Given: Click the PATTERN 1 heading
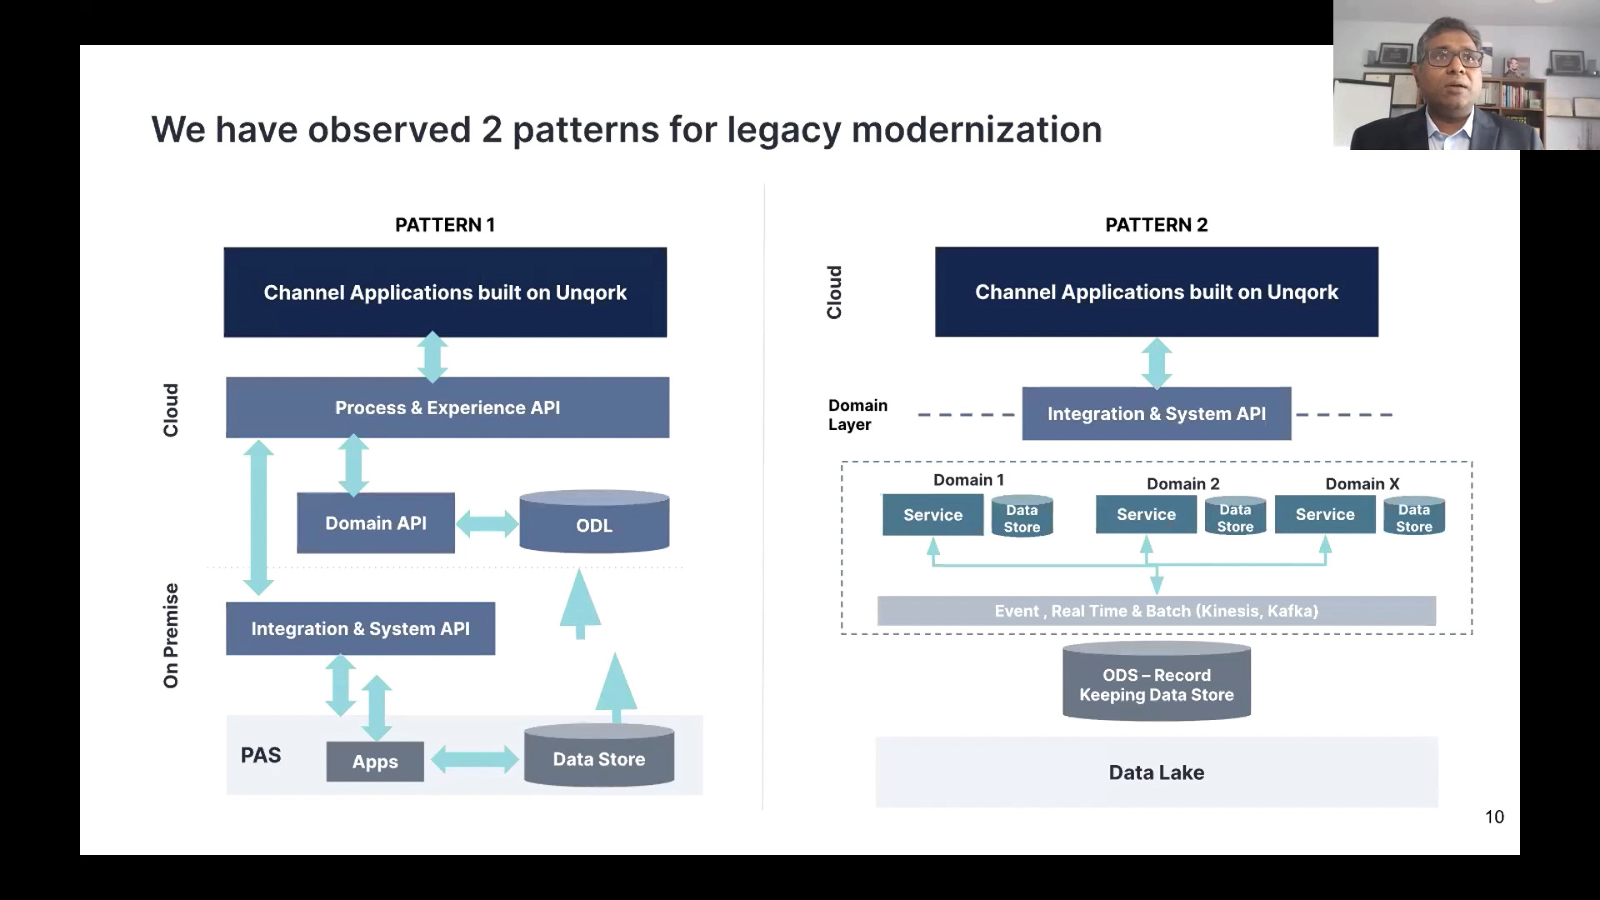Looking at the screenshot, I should tap(444, 225).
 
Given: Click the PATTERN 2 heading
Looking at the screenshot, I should tap(1156, 225).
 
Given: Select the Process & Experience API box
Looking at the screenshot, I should tap(447, 407).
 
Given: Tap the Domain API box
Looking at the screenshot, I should tap(376, 523).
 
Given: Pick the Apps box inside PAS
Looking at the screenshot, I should tap(375, 762).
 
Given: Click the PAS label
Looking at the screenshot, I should tap(261, 755).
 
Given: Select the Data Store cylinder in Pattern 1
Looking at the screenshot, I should tap(599, 757).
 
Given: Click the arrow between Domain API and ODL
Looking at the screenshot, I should tap(487, 524).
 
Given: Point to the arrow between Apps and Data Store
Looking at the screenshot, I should tap(474, 759).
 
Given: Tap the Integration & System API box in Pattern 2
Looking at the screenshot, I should tap(1156, 414).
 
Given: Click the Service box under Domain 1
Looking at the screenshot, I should tap(932, 515).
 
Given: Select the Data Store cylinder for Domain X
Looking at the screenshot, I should tap(1413, 517).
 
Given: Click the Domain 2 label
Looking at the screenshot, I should tap(1182, 484).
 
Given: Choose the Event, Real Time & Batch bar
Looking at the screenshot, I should tap(1156, 611).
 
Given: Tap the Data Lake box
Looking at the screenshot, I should tap(1156, 772).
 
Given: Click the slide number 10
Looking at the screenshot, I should tap(1494, 817).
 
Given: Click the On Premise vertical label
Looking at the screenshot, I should tap(171, 636).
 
